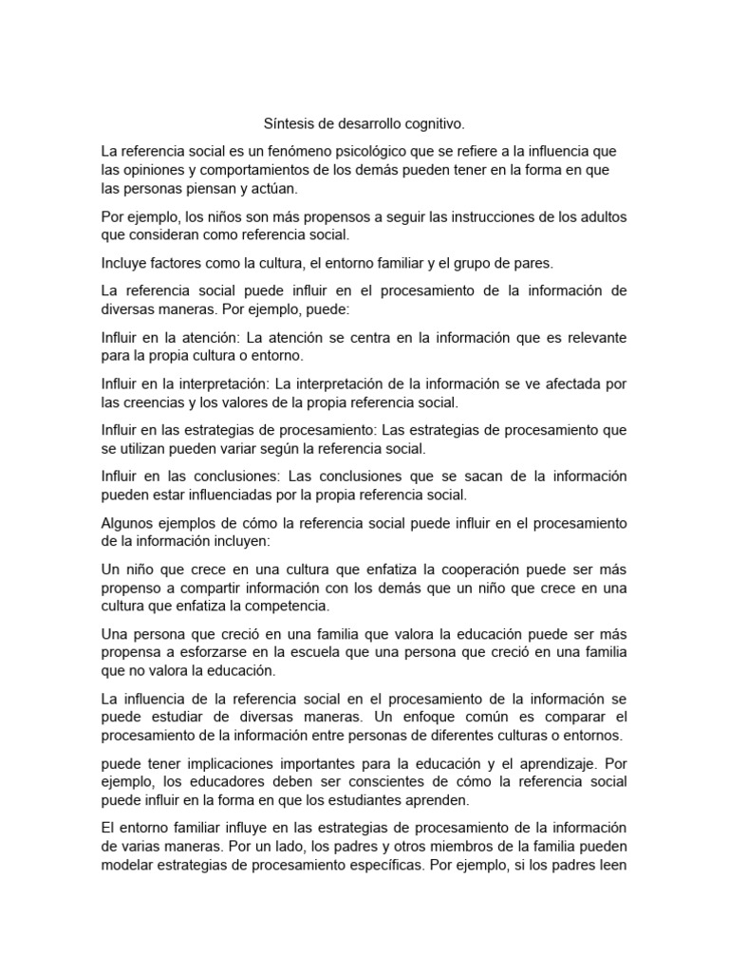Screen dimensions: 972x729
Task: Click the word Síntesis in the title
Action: pyautogui.click(x=288, y=124)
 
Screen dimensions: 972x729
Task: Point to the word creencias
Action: pyautogui.click(x=159, y=402)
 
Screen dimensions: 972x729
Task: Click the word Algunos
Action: pyautogui.click(x=130, y=523)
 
